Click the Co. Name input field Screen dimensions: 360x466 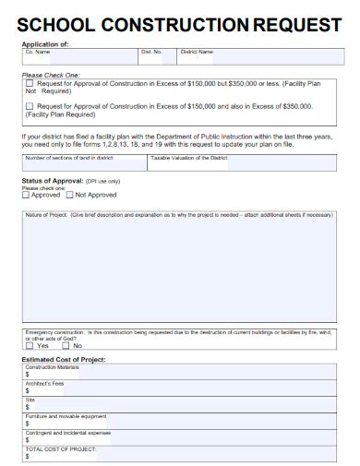coord(78,56)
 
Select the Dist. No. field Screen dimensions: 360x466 coord(157,56)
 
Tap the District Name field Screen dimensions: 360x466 coord(255,56)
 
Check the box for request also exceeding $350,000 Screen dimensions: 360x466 coord(30,107)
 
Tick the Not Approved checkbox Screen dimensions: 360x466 coord(69,196)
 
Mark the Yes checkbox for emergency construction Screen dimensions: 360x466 coord(31,345)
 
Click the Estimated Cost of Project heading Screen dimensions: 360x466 coord(64,359)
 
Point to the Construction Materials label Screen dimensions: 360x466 coord(53,367)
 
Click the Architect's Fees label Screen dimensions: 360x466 coord(45,383)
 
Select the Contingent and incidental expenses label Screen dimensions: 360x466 coord(68,431)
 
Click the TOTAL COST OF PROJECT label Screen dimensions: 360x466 coord(61,447)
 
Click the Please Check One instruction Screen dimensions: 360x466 coord(50,74)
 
